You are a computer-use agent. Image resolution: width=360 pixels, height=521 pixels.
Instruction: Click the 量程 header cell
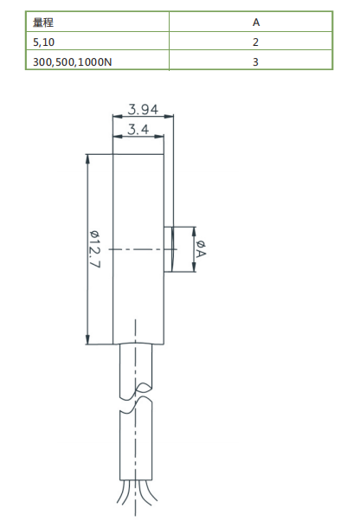pos(43,22)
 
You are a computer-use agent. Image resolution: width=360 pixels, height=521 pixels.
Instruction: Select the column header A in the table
pos(256,22)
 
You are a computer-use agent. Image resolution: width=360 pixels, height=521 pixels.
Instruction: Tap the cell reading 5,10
pos(42,42)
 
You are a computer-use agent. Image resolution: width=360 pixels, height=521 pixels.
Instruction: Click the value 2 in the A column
pos(256,42)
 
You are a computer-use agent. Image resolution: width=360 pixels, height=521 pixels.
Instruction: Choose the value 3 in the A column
pos(256,61)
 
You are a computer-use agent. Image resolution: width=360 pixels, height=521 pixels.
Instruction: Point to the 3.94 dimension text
pos(143,109)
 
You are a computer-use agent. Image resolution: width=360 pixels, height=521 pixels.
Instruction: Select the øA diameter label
pos(201,250)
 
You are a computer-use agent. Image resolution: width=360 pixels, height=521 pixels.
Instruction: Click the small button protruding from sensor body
pos(170,249)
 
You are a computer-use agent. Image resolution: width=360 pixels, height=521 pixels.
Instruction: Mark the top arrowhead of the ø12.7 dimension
pos(87,160)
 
